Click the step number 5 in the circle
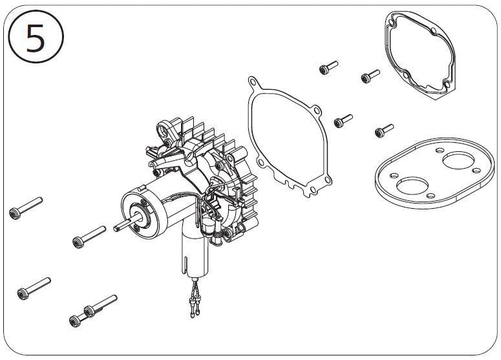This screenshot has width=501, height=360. tap(35, 39)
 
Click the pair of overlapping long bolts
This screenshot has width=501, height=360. tap(93, 310)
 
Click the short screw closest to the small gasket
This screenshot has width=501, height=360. tap(368, 78)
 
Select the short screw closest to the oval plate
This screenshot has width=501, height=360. tap(383, 131)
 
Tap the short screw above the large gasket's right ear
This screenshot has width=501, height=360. tap(343, 120)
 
